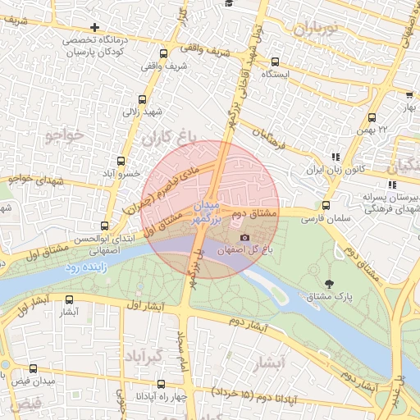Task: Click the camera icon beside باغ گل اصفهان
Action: tap(244, 238)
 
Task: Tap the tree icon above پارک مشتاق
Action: tap(329, 284)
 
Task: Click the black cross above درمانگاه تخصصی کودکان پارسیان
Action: tap(95, 28)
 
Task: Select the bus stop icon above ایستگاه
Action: tap(275, 61)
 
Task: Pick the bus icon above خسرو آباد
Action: tap(121, 162)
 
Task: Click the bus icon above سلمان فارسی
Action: tap(326, 206)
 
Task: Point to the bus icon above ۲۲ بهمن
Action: tap(372, 117)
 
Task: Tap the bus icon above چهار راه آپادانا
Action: tap(160, 384)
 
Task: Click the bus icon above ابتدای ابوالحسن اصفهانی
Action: tap(104, 226)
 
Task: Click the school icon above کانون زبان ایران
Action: tap(334, 157)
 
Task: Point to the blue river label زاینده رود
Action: tap(84, 268)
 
